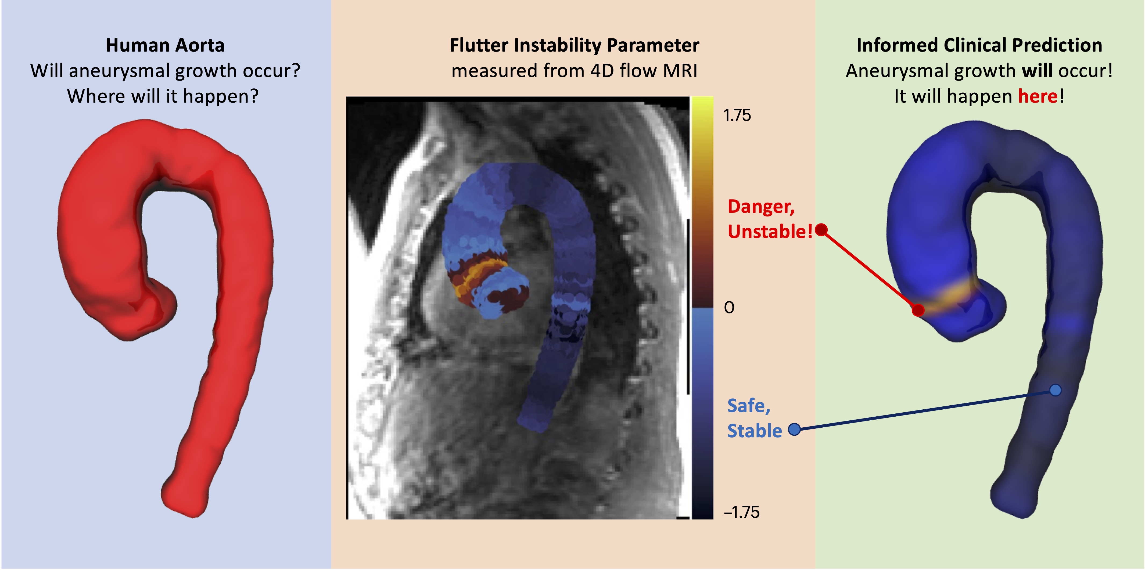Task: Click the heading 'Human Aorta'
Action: [x=165, y=45]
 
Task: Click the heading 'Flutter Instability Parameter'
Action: [x=574, y=45]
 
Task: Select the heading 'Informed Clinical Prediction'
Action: [x=979, y=45]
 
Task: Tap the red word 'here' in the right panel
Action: [x=1038, y=96]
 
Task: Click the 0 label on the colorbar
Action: [x=729, y=308]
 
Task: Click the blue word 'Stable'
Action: [x=754, y=431]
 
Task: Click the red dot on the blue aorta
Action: [x=918, y=310]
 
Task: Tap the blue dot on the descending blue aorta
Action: [x=1055, y=390]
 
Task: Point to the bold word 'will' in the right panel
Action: [x=1037, y=71]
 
